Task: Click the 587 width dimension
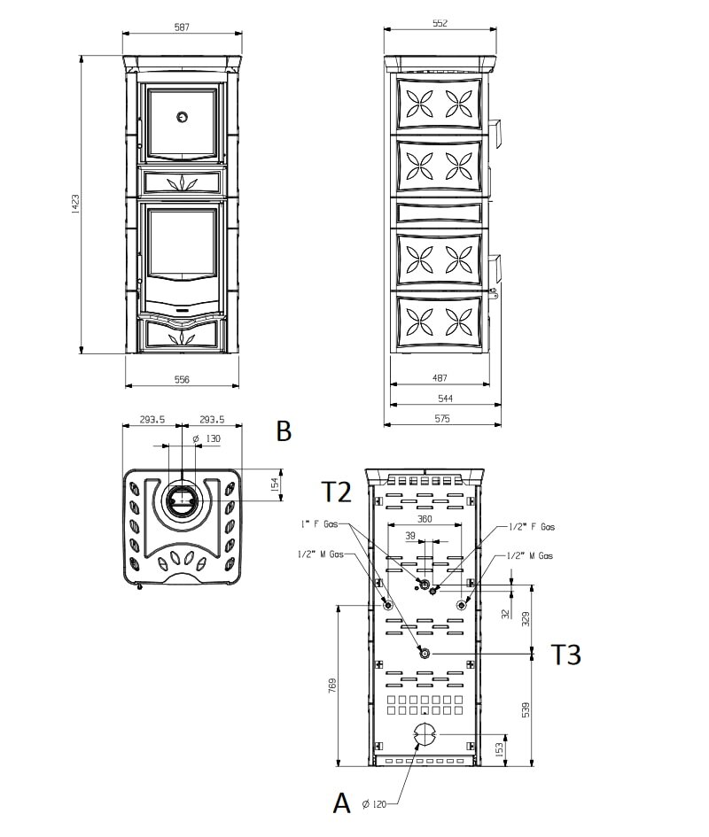182,27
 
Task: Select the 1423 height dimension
76,205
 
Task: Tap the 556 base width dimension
182,379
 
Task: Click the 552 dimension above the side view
440,24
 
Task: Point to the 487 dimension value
440,378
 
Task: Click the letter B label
284,431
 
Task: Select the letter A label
341,802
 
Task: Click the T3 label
565,655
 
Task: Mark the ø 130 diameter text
206,438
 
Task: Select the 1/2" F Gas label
533,527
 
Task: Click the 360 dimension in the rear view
425,519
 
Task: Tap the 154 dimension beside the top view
275,484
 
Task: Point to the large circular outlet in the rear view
425,733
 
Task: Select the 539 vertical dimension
526,709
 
